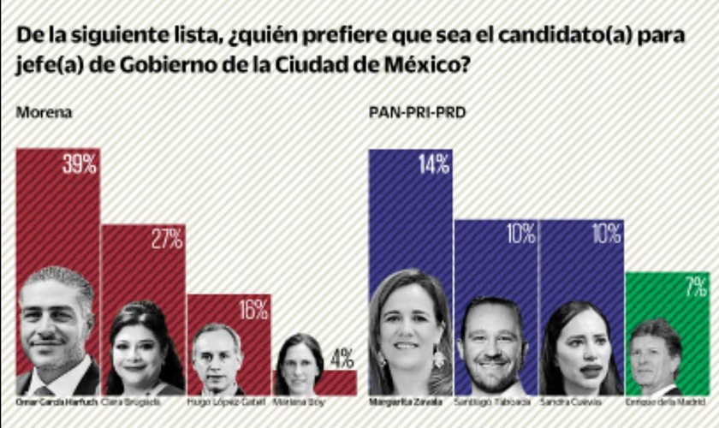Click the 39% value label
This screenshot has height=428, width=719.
(79, 164)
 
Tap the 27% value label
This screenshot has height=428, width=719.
(166, 240)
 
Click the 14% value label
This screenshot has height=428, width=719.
(433, 164)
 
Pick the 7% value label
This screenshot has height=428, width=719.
(695, 286)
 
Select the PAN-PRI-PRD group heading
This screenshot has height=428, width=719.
(417, 113)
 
